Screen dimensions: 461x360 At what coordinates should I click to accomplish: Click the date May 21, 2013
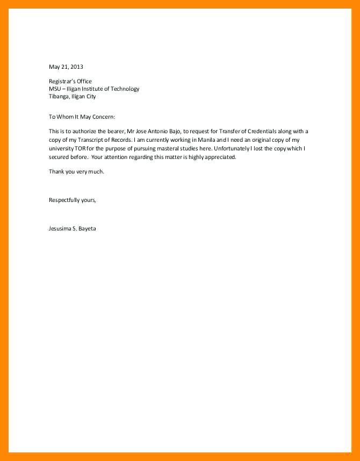pos(66,67)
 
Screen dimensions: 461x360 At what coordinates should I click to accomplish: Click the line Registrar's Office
pos(70,82)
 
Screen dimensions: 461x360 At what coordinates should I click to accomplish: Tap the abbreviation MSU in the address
pos(55,89)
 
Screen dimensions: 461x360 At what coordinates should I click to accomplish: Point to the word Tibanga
pos(59,97)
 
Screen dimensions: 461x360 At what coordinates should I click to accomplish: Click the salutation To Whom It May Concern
pos(82,117)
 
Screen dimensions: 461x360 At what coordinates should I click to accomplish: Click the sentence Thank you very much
pos(76,171)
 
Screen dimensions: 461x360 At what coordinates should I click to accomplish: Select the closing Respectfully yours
pos(73,200)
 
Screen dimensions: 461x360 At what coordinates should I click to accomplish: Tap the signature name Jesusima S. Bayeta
pos(73,228)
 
